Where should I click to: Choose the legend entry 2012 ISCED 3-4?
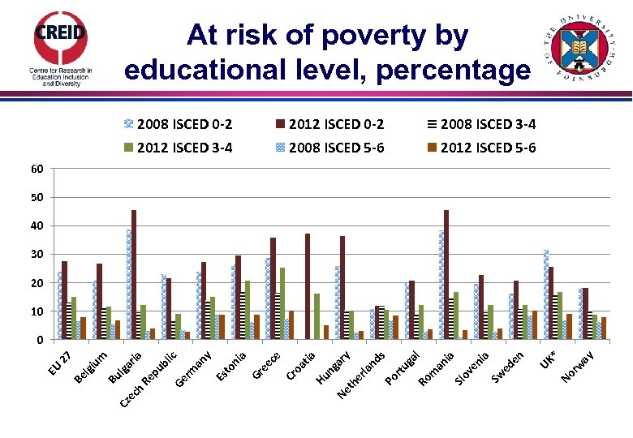178,147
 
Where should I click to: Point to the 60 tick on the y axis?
37,169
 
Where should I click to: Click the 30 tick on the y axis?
37,255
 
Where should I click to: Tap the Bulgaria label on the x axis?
127,367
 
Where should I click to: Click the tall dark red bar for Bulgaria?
134,274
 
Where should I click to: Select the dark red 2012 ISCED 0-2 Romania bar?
446,274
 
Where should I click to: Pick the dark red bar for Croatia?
308,286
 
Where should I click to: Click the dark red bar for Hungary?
342,287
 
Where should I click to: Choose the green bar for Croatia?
316,316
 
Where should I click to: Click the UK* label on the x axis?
550,359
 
